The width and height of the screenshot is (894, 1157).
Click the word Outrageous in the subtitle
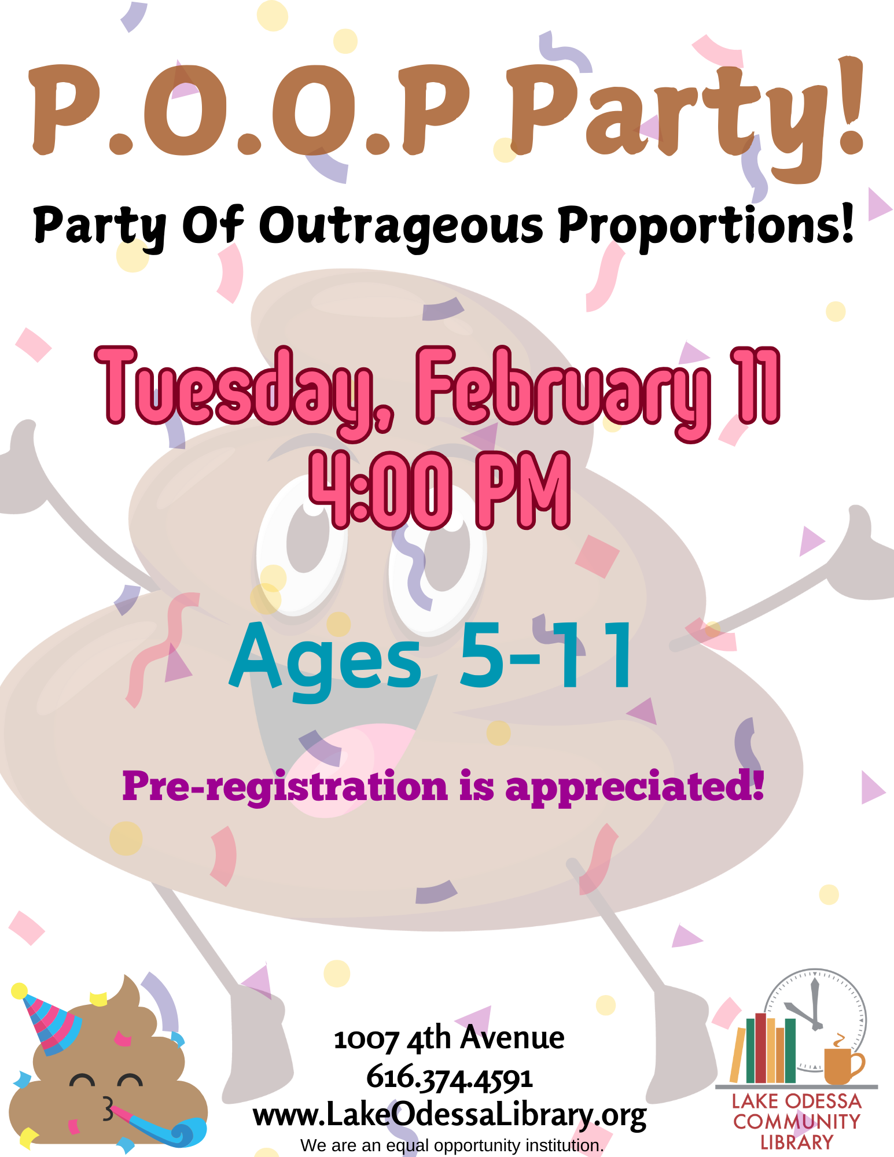(x=400, y=227)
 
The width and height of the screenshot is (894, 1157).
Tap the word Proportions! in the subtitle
(x=706, y=226)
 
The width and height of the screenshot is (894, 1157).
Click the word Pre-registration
(x=285, y=787)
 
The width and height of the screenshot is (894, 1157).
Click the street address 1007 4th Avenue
(x=449, y=1038)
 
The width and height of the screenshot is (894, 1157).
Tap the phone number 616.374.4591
(x=450, y=1078)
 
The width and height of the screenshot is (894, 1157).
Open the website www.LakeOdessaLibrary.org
(x=450, y=1115)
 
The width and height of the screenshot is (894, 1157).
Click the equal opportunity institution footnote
(x=452, y=1145)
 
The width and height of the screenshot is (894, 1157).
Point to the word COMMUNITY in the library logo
(x=797, y=1121)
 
